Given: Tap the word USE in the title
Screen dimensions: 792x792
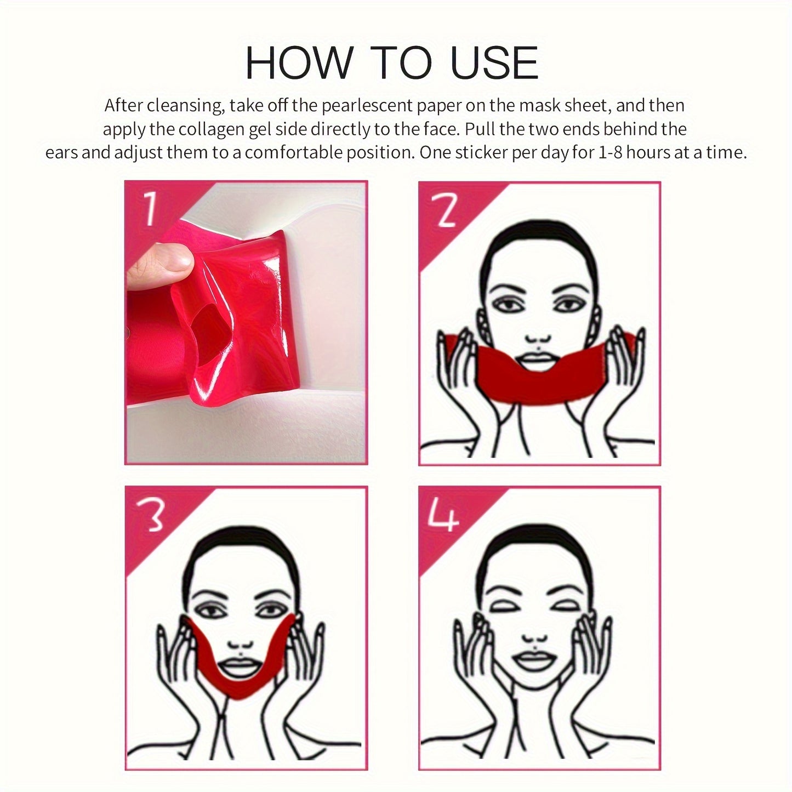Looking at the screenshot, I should point(494,63).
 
